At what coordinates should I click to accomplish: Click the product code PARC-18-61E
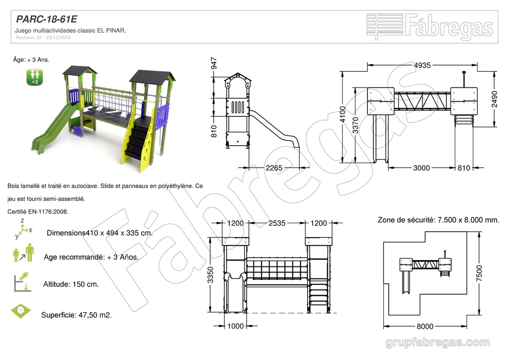pyautogui.click(x=47, y=19)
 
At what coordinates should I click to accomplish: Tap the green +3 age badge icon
pyautogui.click(x=35, y=77)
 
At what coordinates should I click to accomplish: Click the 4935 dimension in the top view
pyautogui.click(x=422, y=65)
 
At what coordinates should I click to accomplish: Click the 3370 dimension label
pyautogui.click(x=356, y=128)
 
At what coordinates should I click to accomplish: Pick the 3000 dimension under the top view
pyautogui.click(x=421, y=168)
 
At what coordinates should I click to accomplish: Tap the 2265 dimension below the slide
pyautogui.click(x=273, y=168)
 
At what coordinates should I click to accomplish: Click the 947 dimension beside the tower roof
pyautogui.click(x=214, y=64)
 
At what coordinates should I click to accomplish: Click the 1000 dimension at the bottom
pyautogui.click(x=235, y=326)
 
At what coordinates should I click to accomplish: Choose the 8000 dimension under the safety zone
pyautogui.click(x=424, y=326)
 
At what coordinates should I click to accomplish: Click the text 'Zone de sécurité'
pyautogui.click(x=405, y=220)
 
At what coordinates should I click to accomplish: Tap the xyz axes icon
pyautogui.click(x=23, y=229)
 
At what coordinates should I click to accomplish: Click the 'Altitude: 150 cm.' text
pyautogui.click(x=71, y=284)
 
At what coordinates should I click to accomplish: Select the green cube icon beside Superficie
pyautogui.click(x=21, y=311)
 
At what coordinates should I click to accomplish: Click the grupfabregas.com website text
pyautogui.click(x=437, y=343)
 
